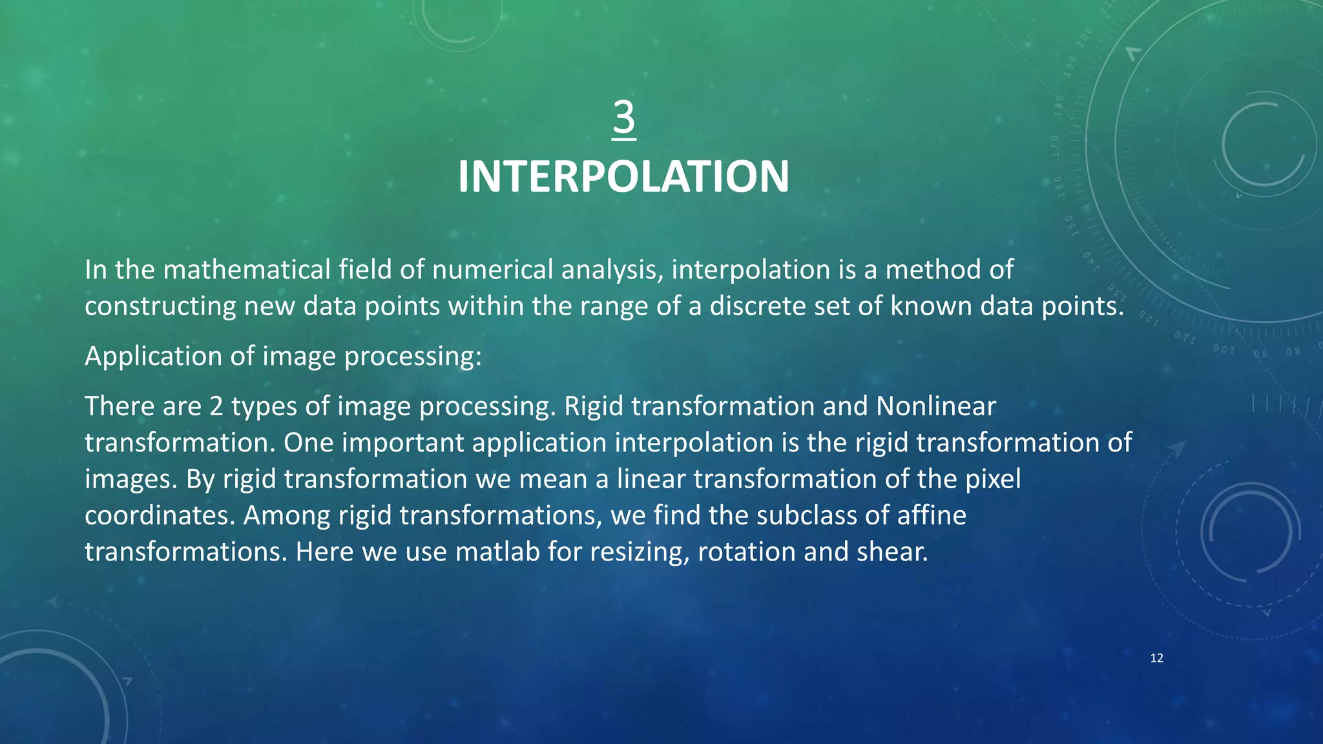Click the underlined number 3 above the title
624,118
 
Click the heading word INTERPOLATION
623,177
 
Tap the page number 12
1156,658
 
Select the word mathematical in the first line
247,270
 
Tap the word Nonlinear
936,407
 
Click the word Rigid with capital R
594,407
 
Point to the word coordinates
159,516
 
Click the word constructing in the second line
160,306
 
